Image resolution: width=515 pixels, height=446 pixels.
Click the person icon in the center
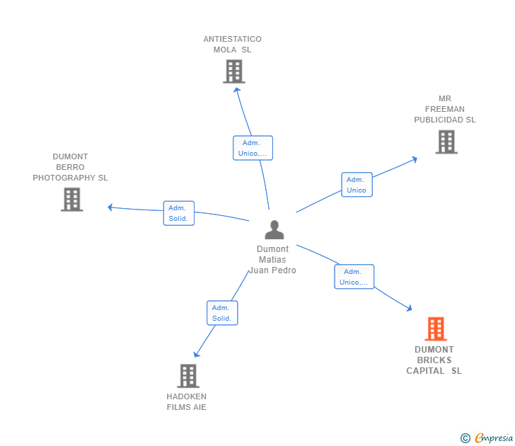tap(274, 230)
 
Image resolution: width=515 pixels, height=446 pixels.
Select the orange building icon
tap(436, 329)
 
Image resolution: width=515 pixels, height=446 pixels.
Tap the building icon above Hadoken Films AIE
tap(187, 376)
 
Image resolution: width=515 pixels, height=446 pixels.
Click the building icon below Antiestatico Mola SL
tap(234, 72)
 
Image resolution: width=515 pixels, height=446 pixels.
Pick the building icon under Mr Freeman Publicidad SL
tap(446, 142)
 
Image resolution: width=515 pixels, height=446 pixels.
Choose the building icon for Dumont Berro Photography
tap(71, 200)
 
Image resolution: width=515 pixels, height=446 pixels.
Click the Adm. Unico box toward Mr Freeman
tap(357, 185)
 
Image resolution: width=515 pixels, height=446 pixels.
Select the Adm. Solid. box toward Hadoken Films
tap(222, 313)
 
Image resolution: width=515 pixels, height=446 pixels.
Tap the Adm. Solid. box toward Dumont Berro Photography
tap(178, 213)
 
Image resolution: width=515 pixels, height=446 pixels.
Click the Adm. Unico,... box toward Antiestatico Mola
tap(253, 148)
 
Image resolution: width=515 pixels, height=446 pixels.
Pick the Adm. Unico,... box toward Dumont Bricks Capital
tap(354, 277)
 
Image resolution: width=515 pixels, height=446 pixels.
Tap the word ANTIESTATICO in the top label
tap(232, 40)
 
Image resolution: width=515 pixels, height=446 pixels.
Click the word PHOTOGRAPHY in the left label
tap(70, 178)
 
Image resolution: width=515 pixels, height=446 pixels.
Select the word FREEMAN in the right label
tap(445, 109)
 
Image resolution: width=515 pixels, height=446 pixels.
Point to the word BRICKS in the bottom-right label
tap(434, 360)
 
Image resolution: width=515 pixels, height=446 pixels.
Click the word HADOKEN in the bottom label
tap(187, 396)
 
